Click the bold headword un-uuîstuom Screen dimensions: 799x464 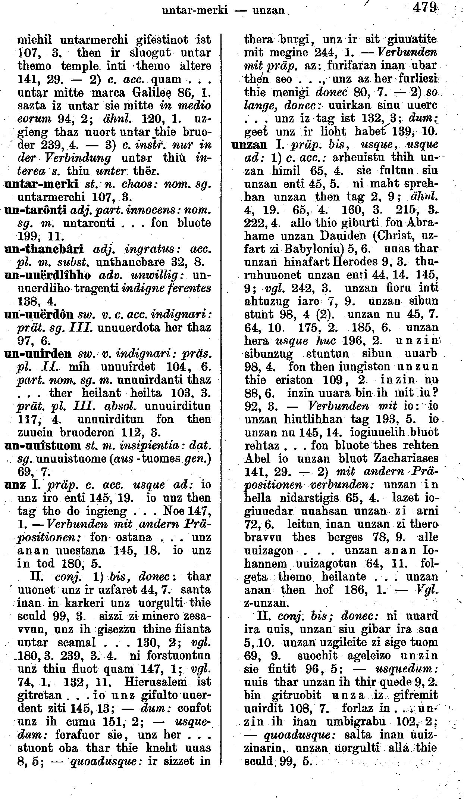(x=44, y=445)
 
